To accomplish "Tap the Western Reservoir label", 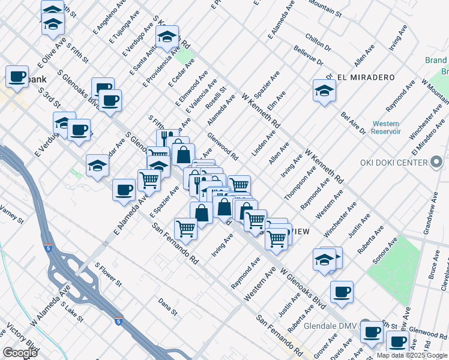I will coord(385,128).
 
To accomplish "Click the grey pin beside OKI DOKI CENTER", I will coord(436,163).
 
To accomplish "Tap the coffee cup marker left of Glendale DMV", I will coord(371,332).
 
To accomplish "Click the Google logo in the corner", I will coord(20,353).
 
